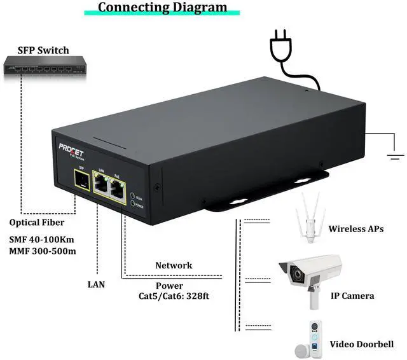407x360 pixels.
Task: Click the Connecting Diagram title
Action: pos(162,8)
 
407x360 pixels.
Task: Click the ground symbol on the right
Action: pos(396,153)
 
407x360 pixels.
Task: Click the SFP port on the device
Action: pos(81,183)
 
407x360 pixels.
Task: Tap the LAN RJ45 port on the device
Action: pos(100,184)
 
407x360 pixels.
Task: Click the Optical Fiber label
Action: pos(38,223)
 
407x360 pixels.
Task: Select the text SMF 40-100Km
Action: pos(42,239)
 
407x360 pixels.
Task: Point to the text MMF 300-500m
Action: pos(43,252)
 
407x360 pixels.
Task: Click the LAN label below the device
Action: pos(96,284)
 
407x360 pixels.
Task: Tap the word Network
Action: pos(174,265)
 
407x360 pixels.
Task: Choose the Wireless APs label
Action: pos(355,229)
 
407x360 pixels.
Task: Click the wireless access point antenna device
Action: pos(311,219)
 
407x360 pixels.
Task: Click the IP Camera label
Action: pos(351,296)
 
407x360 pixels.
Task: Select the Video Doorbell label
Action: pos(361,345)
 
